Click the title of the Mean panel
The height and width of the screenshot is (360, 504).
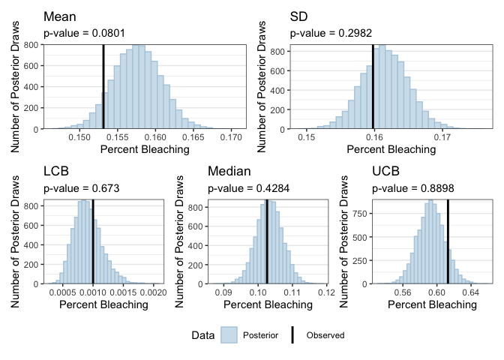58,16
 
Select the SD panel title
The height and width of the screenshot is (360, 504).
298,16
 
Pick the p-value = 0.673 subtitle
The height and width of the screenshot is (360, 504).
80,190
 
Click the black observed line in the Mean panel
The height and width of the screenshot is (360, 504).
103,86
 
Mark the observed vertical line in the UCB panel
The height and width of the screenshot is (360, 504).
448,241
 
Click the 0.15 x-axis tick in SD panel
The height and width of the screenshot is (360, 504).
306,137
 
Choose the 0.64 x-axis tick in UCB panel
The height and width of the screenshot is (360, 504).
471,293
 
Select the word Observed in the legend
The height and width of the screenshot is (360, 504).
325,335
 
